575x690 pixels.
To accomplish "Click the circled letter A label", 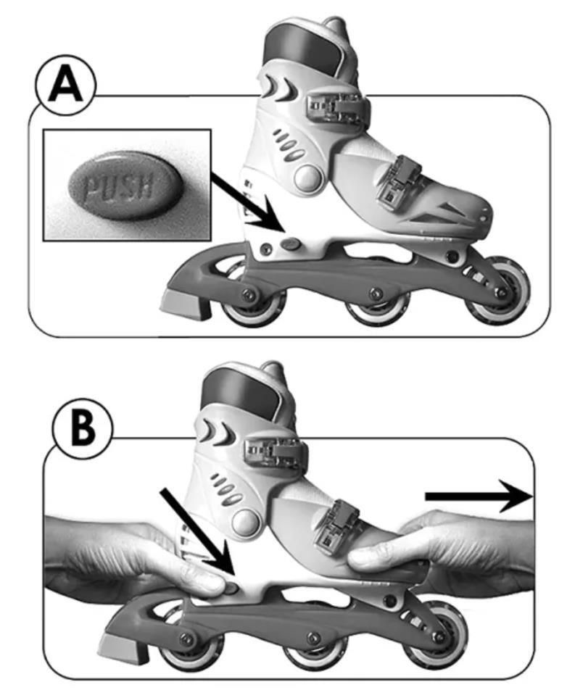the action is click(x=66, y=86).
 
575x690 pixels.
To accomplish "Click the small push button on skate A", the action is click(x=291, y=244).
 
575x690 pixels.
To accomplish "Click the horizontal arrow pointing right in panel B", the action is click(x=479, y=496).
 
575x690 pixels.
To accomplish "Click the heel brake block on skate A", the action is click(x=186, y=304).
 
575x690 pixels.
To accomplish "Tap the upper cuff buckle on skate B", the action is click(x=275, y=452).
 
